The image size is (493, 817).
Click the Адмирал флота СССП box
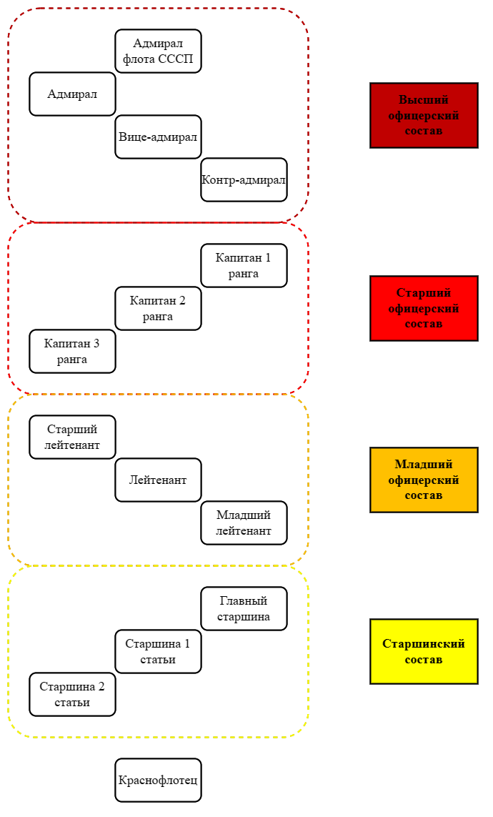coord(158,51)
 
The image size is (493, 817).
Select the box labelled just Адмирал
coord(72,94)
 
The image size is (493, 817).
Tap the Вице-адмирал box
coord(158,137)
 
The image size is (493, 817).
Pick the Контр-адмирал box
coord(244,179)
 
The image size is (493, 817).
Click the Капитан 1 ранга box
coord(244,266)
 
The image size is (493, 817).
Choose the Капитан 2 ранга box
coord(158,309)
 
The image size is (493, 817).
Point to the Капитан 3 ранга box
coord(72,351)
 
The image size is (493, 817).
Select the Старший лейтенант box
coord(72,437)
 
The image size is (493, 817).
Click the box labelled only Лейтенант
coord(158,480)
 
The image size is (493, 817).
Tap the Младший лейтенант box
coord(244,523)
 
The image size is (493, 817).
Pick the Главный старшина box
coord(244,608)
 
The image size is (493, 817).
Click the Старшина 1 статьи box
coord(158,652)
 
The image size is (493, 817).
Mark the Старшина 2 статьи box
coord(72,695)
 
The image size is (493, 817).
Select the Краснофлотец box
coord(158,780)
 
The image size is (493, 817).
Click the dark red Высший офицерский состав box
coord(424,115)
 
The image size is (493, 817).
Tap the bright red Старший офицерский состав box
coord(424,309)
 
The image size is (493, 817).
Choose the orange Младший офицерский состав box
coord(424,480)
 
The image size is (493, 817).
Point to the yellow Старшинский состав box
coord(424,652)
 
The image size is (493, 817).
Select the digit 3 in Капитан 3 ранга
coord(96,343)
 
